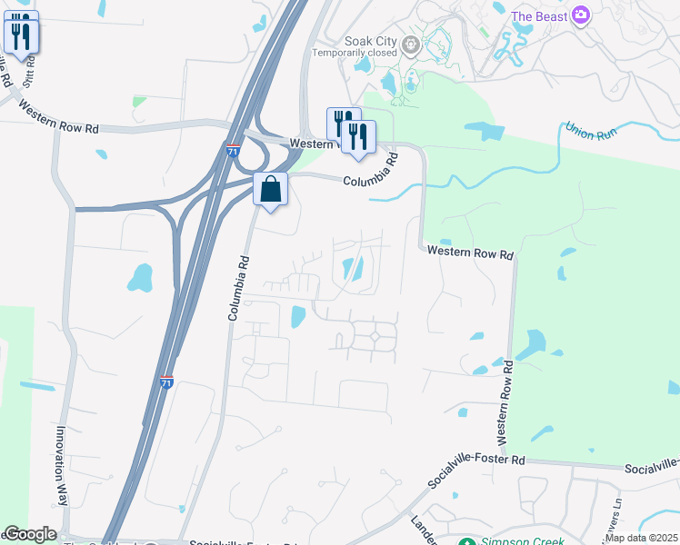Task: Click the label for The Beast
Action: pos(539,16)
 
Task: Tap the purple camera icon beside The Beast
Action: pos(582,15)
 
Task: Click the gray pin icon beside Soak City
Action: pos(411,42)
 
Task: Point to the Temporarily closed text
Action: pos(355,53)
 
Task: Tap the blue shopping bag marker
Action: pos(271,191)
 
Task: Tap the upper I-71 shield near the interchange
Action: pos(233,152)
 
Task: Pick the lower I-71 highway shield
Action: pos(166,383)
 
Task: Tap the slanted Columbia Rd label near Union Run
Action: pos(371,170)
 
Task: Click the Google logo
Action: pos(30,534)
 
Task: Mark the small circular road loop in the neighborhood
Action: pos(375,336)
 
